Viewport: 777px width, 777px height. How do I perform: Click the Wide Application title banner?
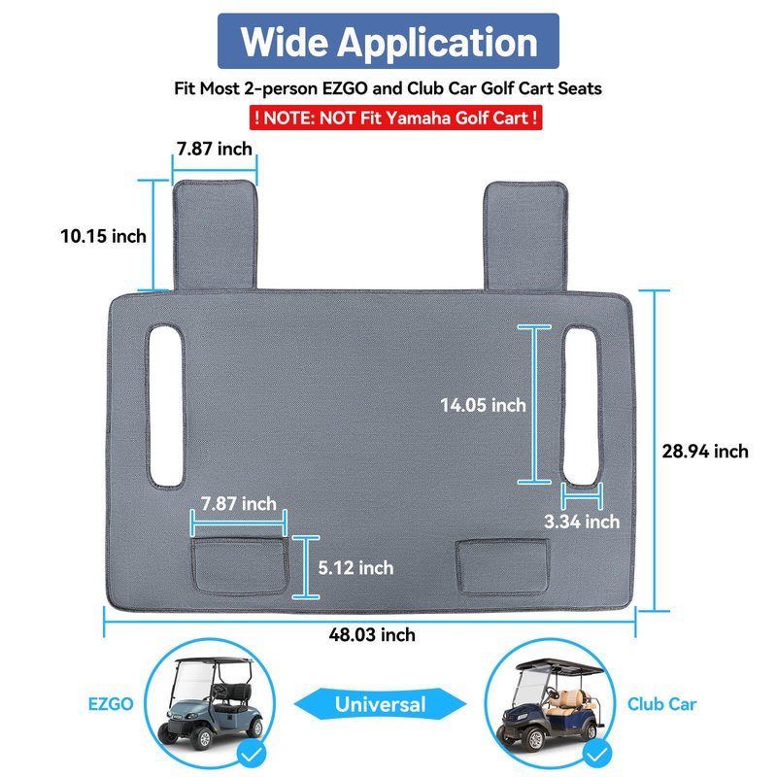(x=388, y=41)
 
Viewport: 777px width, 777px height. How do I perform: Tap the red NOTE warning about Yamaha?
(x=395, y=118)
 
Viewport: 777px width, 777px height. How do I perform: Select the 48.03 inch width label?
(x=372, y=635)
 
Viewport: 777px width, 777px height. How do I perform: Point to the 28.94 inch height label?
(x=705, y=452)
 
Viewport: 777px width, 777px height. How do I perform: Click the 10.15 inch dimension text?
(x=104, y=236)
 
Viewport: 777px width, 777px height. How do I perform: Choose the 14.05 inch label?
(x=483, y=405)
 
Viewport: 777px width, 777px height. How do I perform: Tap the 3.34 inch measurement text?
(x=582, y=522)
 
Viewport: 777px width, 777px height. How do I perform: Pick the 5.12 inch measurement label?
(x=355, y=568)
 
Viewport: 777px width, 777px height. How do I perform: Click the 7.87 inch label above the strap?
(x=215, y=149)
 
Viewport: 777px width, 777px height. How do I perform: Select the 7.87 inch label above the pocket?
(x=238, y=504)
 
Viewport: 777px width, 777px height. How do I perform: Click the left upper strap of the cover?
(x=215, y=235)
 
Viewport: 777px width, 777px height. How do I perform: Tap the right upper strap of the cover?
(x=525, y=236)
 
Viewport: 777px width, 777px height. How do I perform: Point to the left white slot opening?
(x=166, y=405)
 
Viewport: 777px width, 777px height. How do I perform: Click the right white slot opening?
(x=581, y=405)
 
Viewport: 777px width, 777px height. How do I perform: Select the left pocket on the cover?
(x=240, y=566)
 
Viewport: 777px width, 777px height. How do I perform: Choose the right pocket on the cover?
(x=502, y=566)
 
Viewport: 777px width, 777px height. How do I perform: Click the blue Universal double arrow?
(x=380, y=704)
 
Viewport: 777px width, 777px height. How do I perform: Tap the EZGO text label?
(x=111, y=704)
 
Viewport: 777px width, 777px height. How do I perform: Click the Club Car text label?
(x=661, y=704)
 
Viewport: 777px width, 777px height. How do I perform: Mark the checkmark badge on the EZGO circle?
(x=252, y=755)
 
